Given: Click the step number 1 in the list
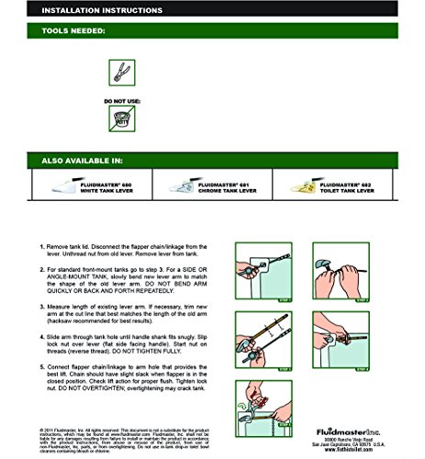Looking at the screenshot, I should [41, 248].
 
